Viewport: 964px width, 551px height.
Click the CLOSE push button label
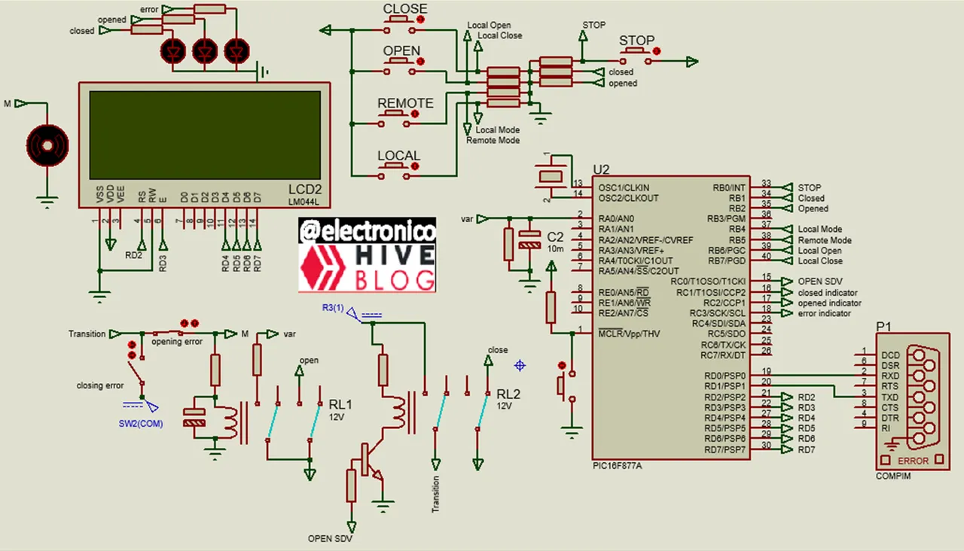click(x=404, y=9)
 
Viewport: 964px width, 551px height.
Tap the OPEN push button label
click(x=401, y=51)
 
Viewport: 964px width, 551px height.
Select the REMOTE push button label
click(x=405, y=103)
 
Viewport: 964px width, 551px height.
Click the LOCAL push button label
click(x=398, y=156)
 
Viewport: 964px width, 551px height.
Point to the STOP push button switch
click(x=637, y=51)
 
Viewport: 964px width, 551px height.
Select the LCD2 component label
click(x=305, y=188)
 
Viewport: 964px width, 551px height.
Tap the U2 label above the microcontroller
click(x=601, y=169)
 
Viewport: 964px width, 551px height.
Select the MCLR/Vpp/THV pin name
click(x=629, y=333)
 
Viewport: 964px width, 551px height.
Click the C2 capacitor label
click(x=555, y=236)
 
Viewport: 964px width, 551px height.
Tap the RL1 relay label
click(x=340, y=404)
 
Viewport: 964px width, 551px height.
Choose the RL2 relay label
click(x=508, y=394)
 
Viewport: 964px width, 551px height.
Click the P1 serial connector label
click(x=883, y=327)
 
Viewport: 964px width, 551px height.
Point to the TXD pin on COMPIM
click(x=890, y=396)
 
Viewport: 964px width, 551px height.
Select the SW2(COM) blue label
click(x=140, y=423)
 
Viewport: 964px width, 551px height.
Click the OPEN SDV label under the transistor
click(x=330, y=538)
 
